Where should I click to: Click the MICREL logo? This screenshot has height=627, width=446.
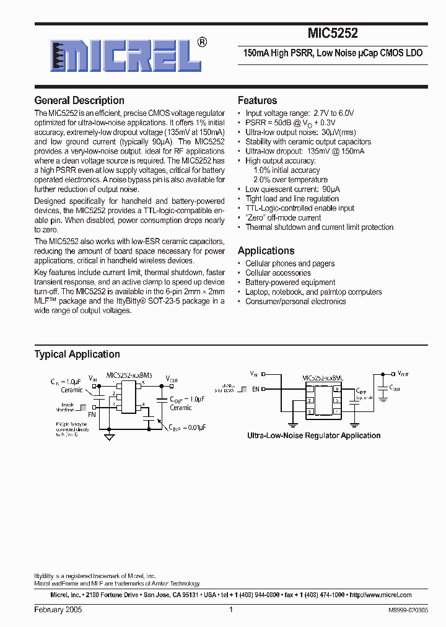pyautogui.click(x=121, y=56)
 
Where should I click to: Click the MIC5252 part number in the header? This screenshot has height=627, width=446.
pyautogui.click(x=333, y=35)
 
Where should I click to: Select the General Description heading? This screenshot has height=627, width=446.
pyautogui.click(x=79, y=100)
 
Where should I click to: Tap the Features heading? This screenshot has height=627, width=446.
pyautogui.click(x=257, y=100)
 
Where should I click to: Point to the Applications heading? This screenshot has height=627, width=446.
pyautogui.click(x=266, y=251)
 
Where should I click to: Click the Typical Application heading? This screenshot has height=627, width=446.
pyautogui.click(x=77, y=354)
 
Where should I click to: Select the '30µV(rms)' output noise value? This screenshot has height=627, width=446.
pyautogui.click(x=339, y=133)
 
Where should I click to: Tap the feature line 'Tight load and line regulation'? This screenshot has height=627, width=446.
pyautogui.click(x=292, y=199)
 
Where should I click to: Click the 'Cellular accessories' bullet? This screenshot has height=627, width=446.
pyautogui.click(x=278, y=273)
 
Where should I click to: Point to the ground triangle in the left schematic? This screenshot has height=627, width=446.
pyautogui.click(x=110, y=437)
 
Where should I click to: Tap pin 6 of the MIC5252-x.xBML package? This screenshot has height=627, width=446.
pyautogui.click(x=336, y=389)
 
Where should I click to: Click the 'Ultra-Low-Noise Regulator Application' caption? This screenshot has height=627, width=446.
pyautogui.click(x=313, y=436)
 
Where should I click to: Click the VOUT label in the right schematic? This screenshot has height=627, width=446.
pyautogui.click(x=403, y=374)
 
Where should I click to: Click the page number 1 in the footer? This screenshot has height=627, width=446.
pyautogui.click(x=230, y=610)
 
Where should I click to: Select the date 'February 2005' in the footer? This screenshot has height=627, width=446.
pyautogui.click(x=58, y=610)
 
